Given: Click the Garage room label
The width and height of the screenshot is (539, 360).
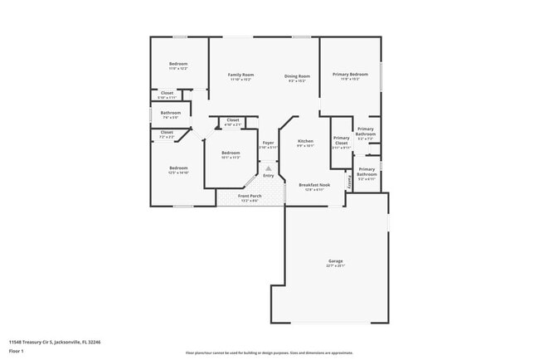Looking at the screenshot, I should click(335, 261).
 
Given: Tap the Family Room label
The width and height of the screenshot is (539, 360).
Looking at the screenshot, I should click(240, 75).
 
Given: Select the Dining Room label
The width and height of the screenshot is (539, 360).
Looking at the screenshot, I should click(297, 75).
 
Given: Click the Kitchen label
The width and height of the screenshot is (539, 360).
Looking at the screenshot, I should click(305, 142).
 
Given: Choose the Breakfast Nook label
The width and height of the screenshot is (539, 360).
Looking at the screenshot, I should click(314, 185).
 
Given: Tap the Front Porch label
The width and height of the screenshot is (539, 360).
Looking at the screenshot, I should click(250, 196).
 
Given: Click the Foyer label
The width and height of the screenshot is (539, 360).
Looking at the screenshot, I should click(268, 142).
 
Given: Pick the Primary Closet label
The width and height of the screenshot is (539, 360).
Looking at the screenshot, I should click(341, 140).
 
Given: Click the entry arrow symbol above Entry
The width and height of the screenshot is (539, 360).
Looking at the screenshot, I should click(268, 167).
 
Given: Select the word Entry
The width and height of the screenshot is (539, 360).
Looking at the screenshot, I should click(268, 176).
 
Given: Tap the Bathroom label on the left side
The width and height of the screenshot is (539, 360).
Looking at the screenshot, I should click(171, 113).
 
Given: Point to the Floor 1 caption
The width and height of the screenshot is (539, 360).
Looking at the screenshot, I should click(17, 351).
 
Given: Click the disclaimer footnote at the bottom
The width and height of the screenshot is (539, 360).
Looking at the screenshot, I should click(269, 353).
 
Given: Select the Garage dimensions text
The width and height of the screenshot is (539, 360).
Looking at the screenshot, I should click(335, 266).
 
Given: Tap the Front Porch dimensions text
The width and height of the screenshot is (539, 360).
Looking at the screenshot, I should click(250, 201).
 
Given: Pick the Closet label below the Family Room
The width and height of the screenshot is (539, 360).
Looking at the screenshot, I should click(232, 120).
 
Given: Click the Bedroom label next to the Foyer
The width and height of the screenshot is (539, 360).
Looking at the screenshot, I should click(231, 153).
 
